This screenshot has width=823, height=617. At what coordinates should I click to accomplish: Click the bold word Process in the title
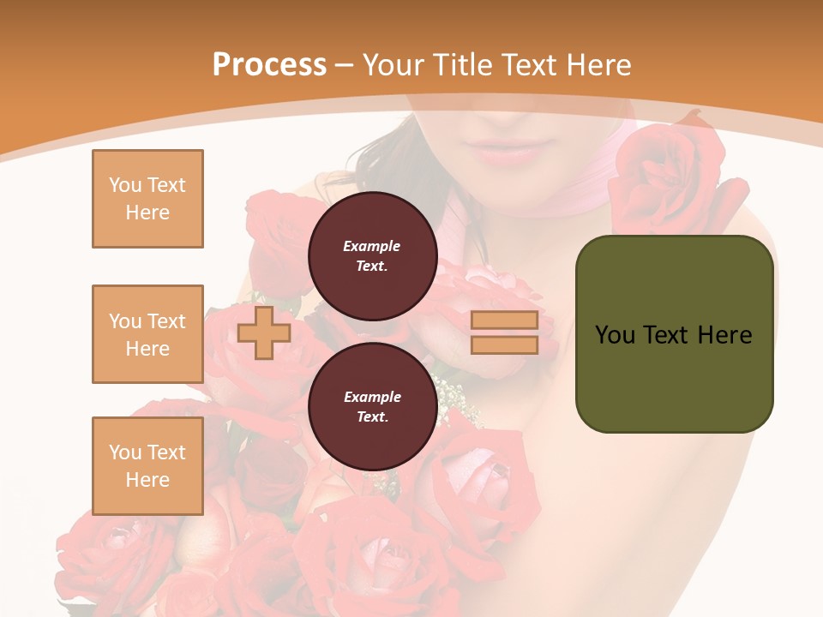click(x=269, y=65)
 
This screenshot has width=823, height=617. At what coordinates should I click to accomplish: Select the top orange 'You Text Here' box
click(x=147, y=199)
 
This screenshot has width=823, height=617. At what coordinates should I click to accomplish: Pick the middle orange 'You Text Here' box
click(x=147, y=334)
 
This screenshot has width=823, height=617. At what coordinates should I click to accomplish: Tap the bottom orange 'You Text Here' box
click(x=147, y=466)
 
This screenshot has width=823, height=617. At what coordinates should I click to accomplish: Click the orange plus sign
click(x=263, y=332)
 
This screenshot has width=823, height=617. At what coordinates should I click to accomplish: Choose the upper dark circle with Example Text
click(x=372, y=255)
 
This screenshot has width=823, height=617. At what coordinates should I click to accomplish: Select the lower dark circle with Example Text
click(x=372, y=406)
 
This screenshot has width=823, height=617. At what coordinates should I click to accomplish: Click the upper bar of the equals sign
click(x=504, y=320)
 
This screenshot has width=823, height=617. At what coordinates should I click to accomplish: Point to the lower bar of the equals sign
click(x=504, y=345)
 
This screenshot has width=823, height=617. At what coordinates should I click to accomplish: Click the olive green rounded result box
click(x=674, y=334)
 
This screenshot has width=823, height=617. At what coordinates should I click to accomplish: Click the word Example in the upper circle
click(x=372, y=246)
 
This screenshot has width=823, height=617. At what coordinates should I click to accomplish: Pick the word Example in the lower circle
click(x=372, y=397)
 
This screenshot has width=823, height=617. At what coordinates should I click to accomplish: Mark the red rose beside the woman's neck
click(x=660, y=176)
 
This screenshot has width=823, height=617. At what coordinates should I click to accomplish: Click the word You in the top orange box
click(x=125, y=185)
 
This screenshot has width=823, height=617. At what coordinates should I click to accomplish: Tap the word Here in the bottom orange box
click(x=147, y=480)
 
